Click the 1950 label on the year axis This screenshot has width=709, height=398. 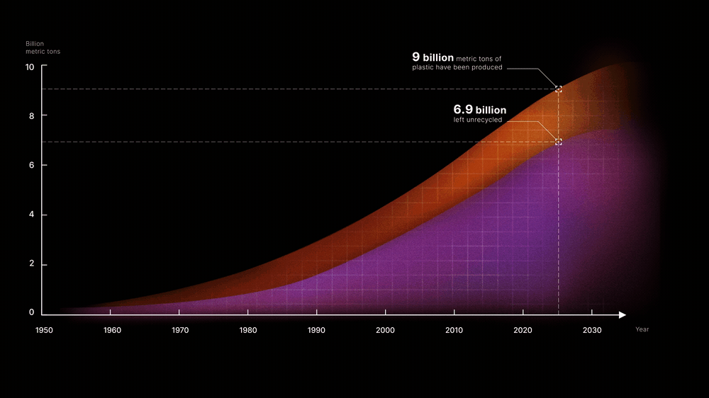[44, 330]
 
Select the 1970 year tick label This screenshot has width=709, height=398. [180, 330]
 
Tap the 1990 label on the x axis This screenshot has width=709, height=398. [316, 330]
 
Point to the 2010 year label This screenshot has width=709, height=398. [454, 330]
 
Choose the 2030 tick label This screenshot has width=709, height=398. [592, 330]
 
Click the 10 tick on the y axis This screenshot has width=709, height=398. [29, 67]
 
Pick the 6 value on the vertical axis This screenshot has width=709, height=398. [32, 165]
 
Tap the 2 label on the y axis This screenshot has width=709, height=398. [32, 263]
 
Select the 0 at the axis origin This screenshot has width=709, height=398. [32, 312]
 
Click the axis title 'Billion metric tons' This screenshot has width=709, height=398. [43, 47]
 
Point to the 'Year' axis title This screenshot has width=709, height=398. [642, 329]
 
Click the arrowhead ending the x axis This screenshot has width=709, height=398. [623, 315]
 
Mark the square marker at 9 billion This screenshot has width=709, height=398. [559, 89]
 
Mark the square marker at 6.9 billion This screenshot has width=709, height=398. [559, 142]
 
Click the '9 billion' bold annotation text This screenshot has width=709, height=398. [432, 57]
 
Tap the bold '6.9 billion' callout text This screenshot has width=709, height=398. [480, 110]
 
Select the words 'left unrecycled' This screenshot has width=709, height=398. [477, 120]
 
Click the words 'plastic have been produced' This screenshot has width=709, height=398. [457, 67]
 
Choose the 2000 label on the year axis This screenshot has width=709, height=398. [385, 330]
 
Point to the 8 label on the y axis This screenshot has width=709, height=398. [32, 116]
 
